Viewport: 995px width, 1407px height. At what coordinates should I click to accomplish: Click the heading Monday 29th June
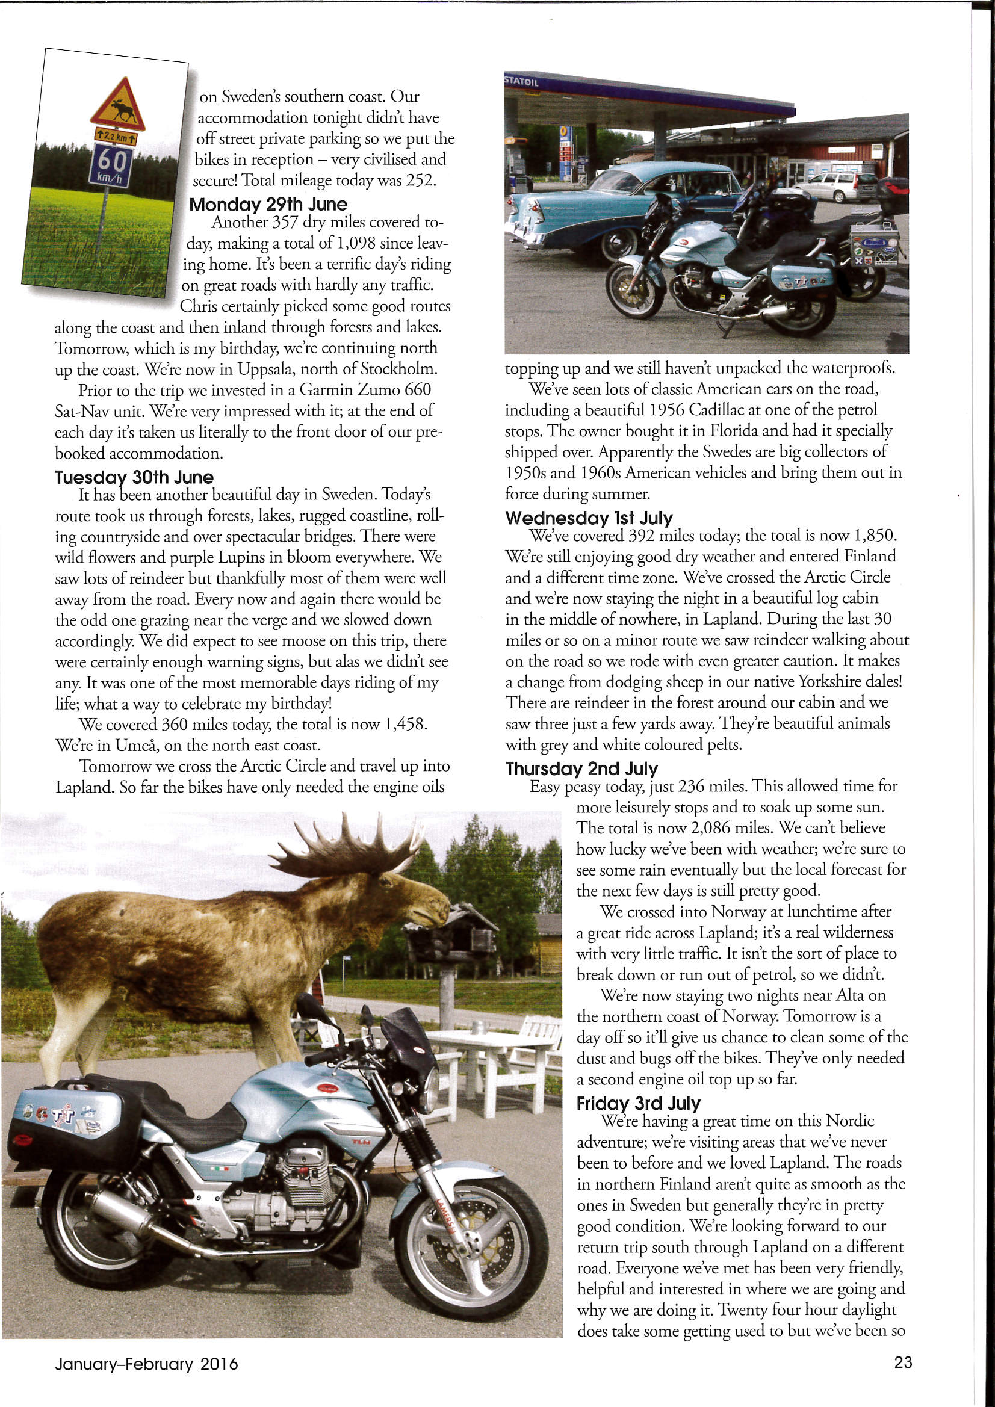pos(268,204)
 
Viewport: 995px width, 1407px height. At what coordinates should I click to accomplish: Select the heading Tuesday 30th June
pos(134,477)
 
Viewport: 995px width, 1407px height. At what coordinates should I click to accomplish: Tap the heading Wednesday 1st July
pos(589,518)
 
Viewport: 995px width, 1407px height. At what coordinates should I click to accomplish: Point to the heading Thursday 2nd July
pos(581,768)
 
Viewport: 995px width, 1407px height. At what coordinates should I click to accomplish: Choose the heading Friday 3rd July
pos(638,1103)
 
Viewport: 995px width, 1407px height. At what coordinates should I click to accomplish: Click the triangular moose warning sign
pos(119,105)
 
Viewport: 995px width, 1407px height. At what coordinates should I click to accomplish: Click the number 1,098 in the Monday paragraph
pos(356,243)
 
